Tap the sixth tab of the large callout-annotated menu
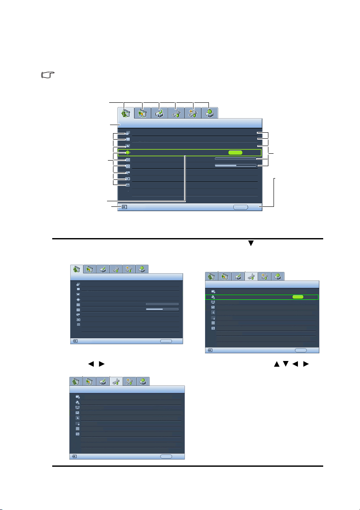click(209, 113)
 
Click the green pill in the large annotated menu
click(235, 152)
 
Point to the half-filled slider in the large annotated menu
click(235, 165)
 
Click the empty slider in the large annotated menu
click(235, 158)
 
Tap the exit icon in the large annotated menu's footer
click(124, 206)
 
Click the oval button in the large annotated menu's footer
click(241, 206)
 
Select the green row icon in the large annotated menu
click(128, 152)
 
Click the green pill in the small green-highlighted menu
click(298, 296)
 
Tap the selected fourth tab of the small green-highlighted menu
click(251, 276)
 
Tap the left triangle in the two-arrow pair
click(91, 364)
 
